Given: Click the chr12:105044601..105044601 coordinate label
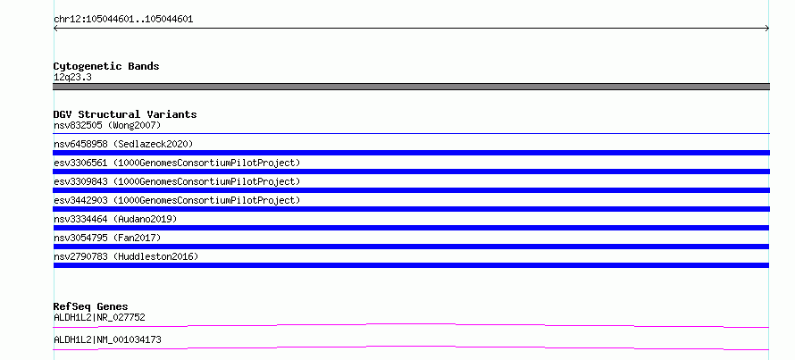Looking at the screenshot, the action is click(123, 20).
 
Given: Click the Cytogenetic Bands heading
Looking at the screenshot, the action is click(106, 66).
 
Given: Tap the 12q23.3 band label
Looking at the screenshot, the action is click(72, 78).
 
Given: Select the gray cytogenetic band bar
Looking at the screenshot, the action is click(411, 87).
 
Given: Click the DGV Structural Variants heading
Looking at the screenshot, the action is click(125, 114).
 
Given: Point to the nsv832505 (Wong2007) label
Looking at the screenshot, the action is click(107, 125).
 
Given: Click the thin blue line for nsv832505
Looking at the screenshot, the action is click(411, 133).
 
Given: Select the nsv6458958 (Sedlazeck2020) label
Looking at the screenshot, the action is click(123, 144).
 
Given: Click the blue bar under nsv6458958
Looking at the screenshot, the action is click(411, 153).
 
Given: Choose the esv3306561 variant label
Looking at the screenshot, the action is click(177, 163).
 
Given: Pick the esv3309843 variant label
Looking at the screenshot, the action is click(177, 181).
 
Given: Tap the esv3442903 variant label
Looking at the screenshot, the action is click(177, 200).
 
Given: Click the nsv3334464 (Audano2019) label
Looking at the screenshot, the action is click(115, 219).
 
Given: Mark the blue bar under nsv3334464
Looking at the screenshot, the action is click(411, 228).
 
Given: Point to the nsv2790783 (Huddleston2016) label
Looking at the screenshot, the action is click(126, 256).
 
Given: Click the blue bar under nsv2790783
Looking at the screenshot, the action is click(411, 265).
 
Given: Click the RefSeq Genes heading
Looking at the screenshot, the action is click(91, 306).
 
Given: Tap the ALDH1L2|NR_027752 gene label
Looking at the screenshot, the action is click(99, 317).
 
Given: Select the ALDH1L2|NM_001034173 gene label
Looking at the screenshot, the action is click(107, 339).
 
